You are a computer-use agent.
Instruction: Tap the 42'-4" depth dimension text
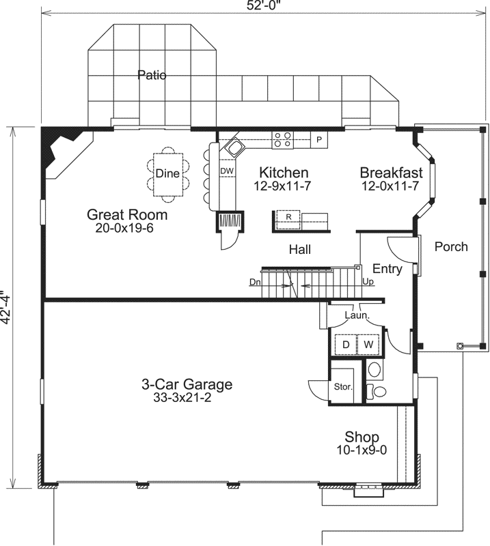[x=8, y=307]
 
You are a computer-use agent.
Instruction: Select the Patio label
[x=152, y=74]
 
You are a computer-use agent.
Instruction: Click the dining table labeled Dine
[x=167, y=173]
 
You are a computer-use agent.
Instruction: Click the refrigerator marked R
[x=288, y=216]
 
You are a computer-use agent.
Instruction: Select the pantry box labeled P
[x=318, y=141]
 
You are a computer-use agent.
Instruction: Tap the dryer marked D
[x=346, y=345]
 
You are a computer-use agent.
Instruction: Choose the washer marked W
[x=368, y=345]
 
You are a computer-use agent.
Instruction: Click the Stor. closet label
[x=342, y=387]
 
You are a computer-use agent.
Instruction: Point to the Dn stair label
[x=255, y=281]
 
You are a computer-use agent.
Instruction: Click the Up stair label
[x=368, y=281]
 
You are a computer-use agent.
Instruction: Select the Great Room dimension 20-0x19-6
[x=125, y=228]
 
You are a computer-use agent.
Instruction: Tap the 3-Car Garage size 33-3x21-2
[x=187, y=398]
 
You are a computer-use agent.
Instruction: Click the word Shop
[x=362, y=437]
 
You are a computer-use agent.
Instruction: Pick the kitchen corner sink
[x=236, y=147]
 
